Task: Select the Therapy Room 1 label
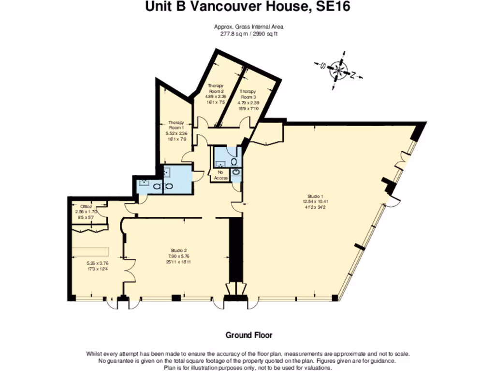tap(176, 126)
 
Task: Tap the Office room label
tap(86, 207)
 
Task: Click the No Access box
tap(222, 175)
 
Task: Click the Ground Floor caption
tap(249, 335)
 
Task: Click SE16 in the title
tap(331, 7)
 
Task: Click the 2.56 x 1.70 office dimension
tap(86, 212)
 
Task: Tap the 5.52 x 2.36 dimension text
tap(176, 133)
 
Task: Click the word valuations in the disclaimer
tap(317, 367)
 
